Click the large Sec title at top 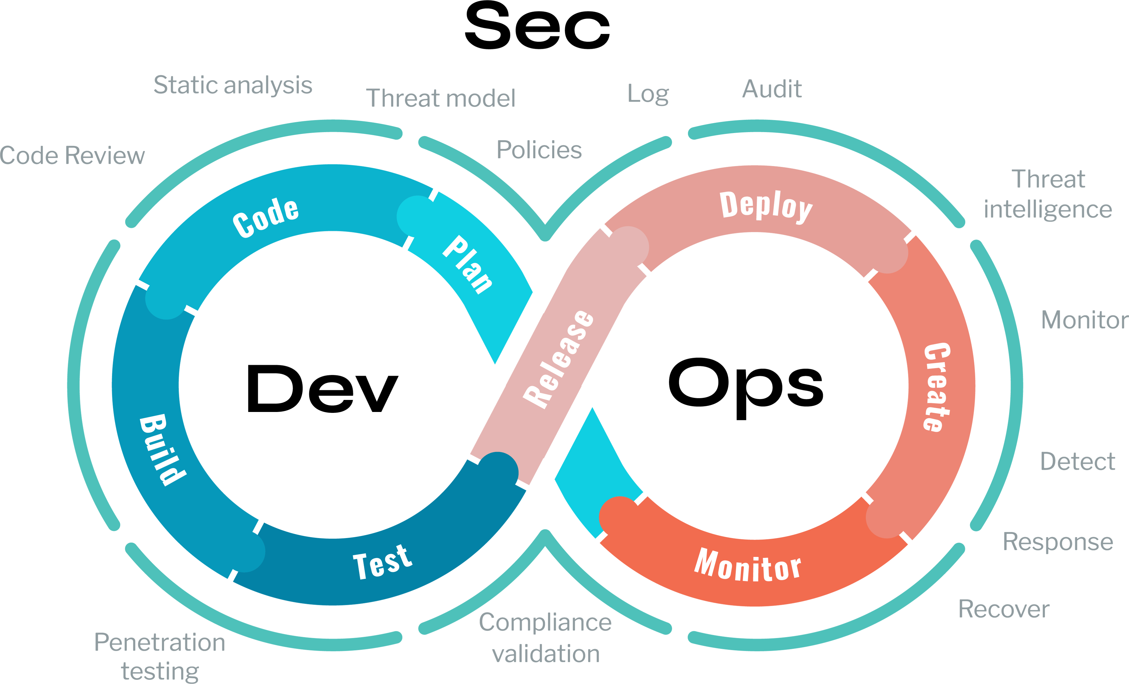coord(537,26)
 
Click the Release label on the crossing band coord(559,359)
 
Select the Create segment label coord(937,387)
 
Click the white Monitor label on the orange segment coord(748,566)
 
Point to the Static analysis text coord(233,86)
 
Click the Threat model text coord(441,98)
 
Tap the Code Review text coord(72,155)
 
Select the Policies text coord(539,150)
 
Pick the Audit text coord(772,89)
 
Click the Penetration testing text coord(160,656)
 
